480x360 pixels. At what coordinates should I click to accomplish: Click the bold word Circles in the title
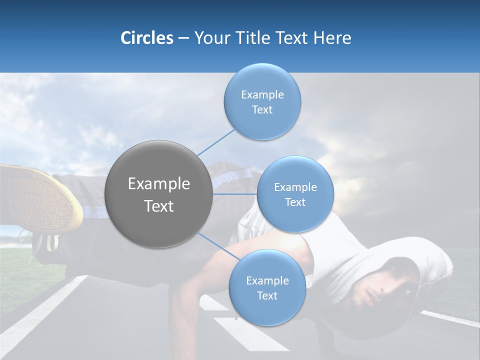pyautogui.click(x=146, y=38)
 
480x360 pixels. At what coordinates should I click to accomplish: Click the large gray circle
pyautogui.click(x=159, y=194)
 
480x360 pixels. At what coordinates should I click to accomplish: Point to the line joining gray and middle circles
pyautogui.click(x=235, y=194)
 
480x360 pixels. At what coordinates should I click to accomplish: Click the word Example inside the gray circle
pyautogui.click(x=159, y=184)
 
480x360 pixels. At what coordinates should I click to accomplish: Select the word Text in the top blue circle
pyautogui.click(x=262, y=110)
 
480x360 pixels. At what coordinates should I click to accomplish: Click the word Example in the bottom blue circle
pyautogui.click(x=267, y=281)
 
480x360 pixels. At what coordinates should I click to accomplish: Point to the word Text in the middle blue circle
pyautogui.click(x=295, y=202)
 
